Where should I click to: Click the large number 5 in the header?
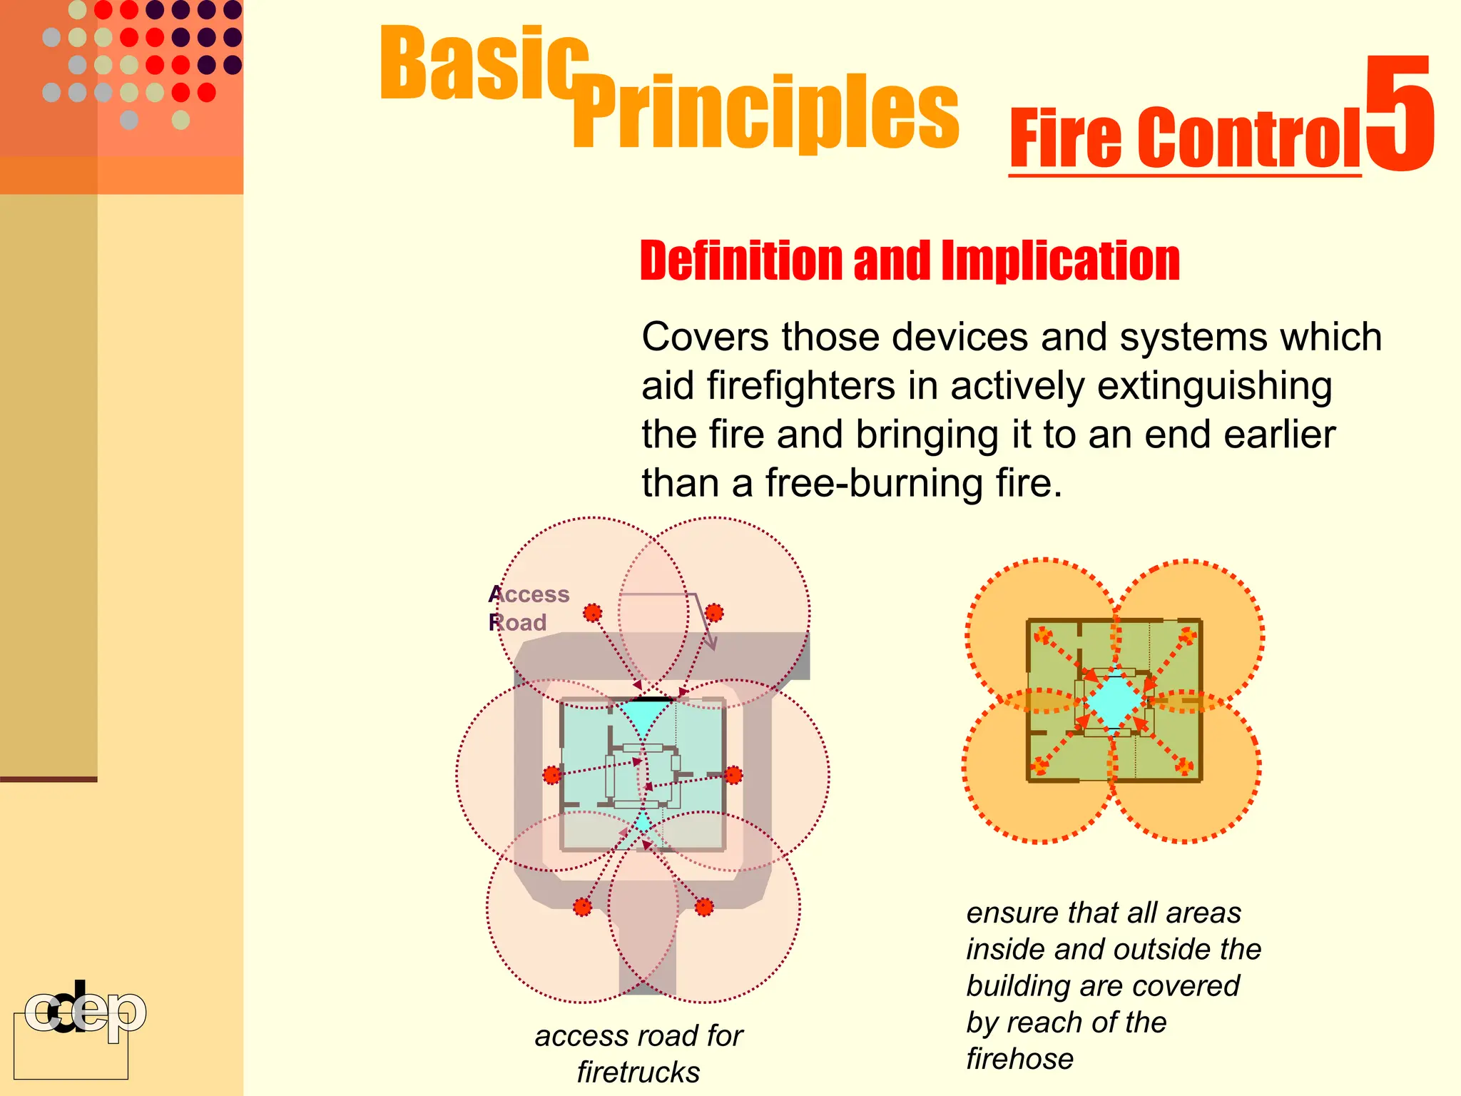pos(1400,114)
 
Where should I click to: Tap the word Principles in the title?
pos(767,113)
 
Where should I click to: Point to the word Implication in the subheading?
pos(1060,260)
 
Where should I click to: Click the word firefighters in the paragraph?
pos(801,386)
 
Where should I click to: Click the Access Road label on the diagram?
pos(529,608)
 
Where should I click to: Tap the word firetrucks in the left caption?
pos(638,1072)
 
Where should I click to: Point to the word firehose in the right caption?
pos(1019,1059)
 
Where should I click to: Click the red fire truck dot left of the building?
pos(552,775)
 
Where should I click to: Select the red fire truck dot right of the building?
pos(733,775)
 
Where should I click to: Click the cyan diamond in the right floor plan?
pos(1113,701)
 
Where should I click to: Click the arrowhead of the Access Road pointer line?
pos(711,644)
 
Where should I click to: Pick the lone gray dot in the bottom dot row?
pos(129,120)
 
